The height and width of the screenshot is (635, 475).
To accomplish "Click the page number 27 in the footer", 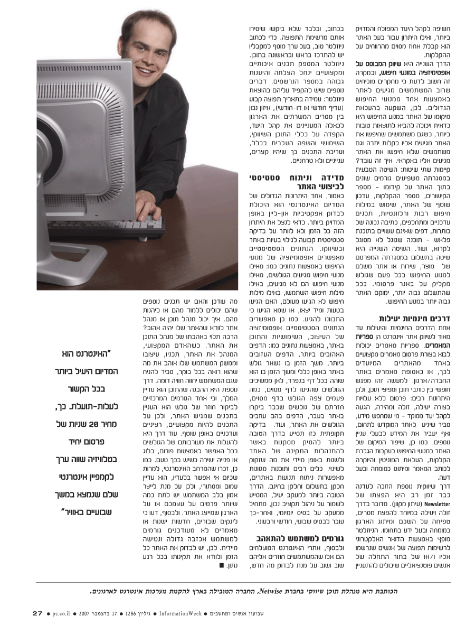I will [37, 613].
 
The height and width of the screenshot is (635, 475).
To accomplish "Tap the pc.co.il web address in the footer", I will [63, 613].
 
